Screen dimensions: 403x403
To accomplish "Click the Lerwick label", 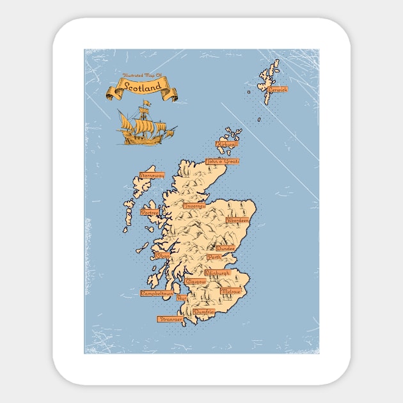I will coord(278,90).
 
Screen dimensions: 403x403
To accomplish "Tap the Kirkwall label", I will coord(226,145).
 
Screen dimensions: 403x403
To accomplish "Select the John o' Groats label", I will coord(222,162).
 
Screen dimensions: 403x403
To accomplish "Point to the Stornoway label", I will coord(152,175).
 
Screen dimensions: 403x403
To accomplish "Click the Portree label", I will coord(150,212).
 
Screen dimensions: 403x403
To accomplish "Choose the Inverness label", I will coord(195,206).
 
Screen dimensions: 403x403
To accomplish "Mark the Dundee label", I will coord(225,248).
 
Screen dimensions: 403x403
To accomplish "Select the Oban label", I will coord(163,256).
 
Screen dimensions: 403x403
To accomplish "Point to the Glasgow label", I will coord(196,281).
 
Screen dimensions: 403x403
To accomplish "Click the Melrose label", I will coord(230,291).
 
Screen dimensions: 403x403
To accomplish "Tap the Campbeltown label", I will coord(157,294).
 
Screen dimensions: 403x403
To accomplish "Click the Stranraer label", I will coord(170,319).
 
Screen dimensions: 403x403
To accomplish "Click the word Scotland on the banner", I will coord(143,88).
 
